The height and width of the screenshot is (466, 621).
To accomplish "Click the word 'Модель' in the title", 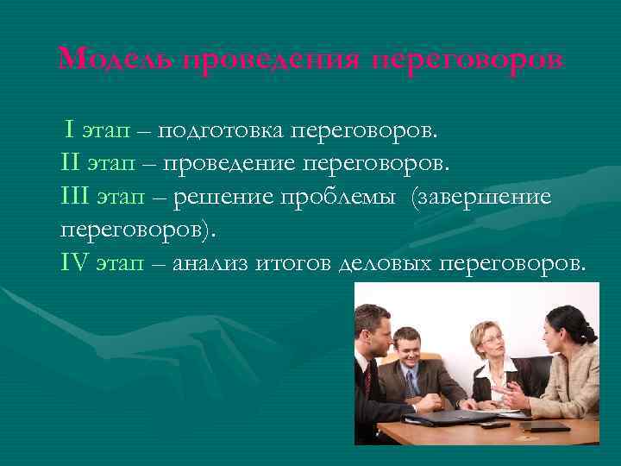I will coord(116,60).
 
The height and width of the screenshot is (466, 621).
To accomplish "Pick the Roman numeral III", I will coord(75,197).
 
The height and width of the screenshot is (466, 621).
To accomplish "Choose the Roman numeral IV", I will coord(75,263).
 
